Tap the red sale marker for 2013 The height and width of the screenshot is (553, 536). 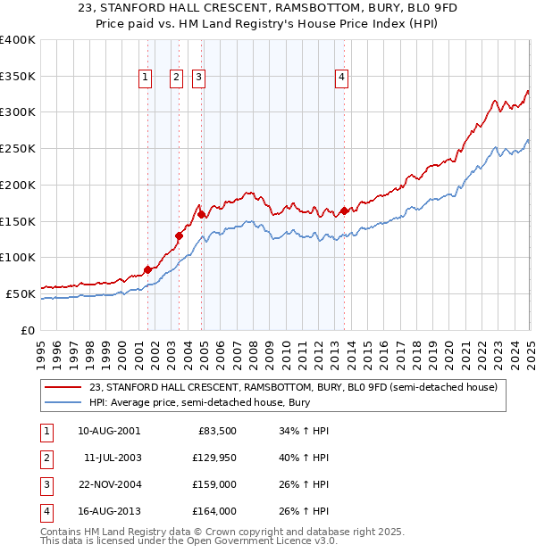click(x=345, y=211)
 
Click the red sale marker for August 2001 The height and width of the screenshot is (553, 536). click(x=147, y=269)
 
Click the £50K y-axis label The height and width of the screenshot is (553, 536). click(x=21, y=293)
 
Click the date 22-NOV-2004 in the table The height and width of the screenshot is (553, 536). click(x=109, y=486)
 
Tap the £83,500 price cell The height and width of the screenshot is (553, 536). click(x=216, y=431)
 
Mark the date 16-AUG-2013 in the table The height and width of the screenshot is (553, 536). click(x=109, y=512)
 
